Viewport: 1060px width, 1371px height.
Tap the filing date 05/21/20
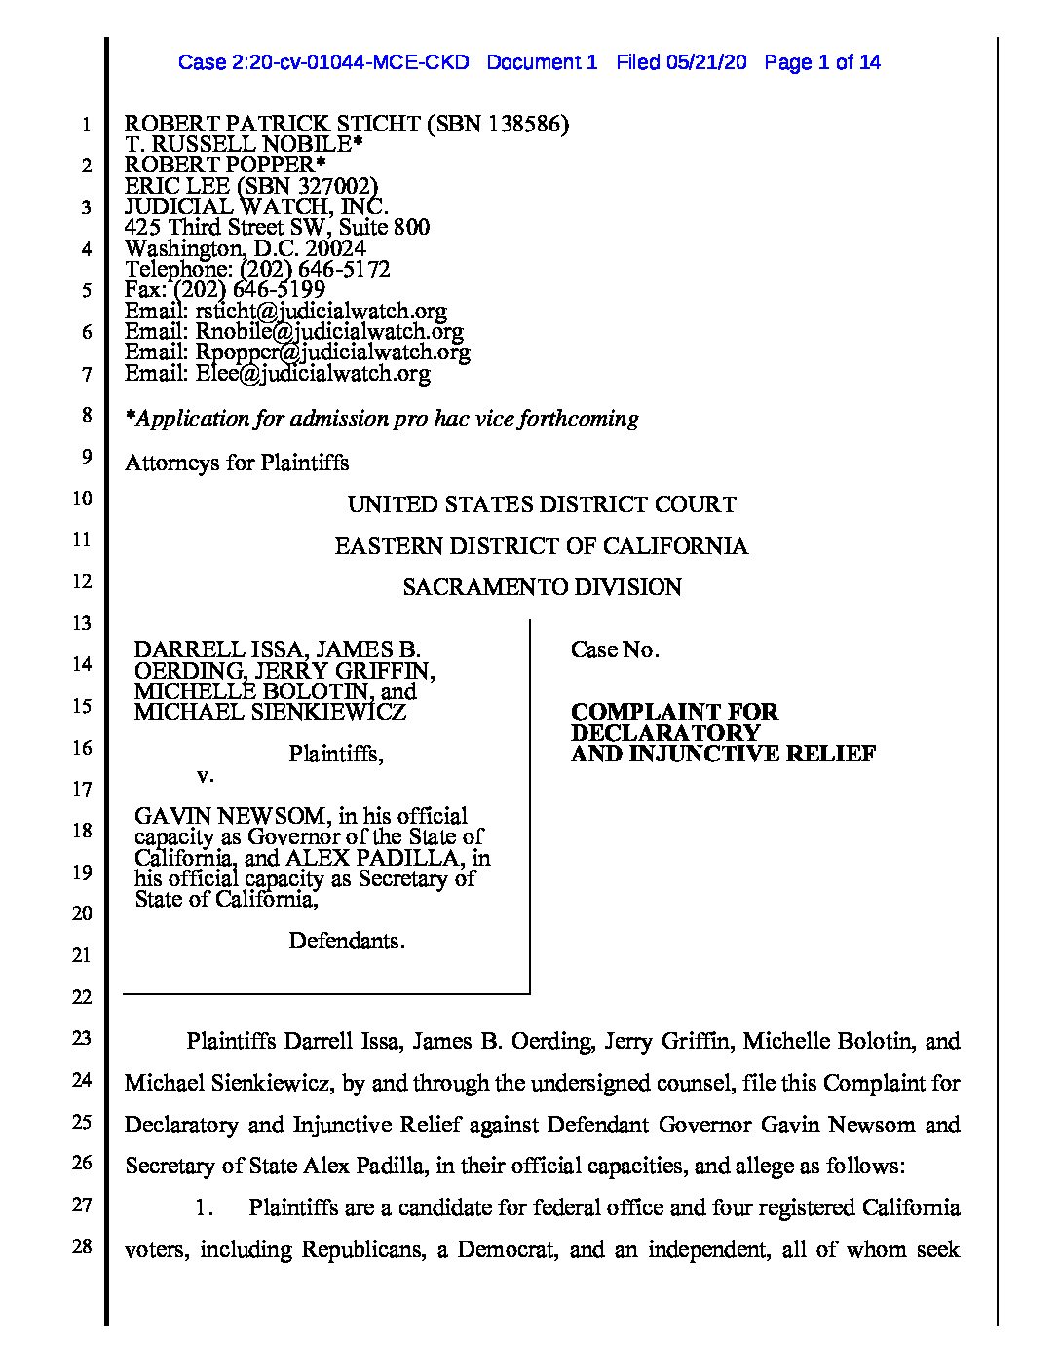pyautogui.click(x=707, y=63)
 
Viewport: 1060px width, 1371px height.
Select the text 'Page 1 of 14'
pyautogui.click(x=822, y=63)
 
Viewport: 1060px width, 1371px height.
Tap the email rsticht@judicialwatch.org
pyautogui.click(x=321, y=311)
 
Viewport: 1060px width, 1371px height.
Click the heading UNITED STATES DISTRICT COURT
pyautogui.click(x=542, y=504)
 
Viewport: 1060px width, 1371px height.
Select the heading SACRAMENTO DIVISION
pyautogui.click(x=542, y=587)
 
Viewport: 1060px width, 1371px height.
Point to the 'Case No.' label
pyautogui.click(x=615, y=649)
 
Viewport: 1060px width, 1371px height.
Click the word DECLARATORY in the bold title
pyautogui.click(x=665, y=732)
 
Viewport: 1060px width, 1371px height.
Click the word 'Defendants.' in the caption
pyautogui.click(x=347, y=941)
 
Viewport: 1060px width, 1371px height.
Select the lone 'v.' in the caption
pyautogui.click(x=205, y=775)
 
